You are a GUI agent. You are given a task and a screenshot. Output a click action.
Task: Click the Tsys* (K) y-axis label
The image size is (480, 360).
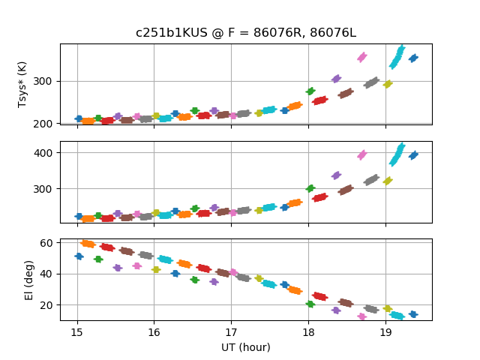click(x=22, y=84)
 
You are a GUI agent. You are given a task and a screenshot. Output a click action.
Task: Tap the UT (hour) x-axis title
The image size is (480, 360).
click(x=245, y=347)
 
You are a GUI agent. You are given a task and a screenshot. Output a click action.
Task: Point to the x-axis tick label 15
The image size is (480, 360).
click(x=76, y=332)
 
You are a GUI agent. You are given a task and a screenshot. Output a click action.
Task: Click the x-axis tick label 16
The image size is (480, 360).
click(x=154, y=332)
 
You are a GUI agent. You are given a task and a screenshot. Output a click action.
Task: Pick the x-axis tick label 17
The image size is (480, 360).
click(x=231, y=332)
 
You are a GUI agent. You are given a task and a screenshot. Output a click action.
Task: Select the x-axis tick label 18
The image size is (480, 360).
click(x=308, y=332)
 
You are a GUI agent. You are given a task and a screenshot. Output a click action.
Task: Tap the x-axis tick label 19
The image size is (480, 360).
click(x=385, y=332)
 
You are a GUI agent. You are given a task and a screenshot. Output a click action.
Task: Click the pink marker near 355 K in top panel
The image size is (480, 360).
click(x=362, y=57)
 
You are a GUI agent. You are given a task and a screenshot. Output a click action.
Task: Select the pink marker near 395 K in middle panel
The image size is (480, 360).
click(x=362, y=154)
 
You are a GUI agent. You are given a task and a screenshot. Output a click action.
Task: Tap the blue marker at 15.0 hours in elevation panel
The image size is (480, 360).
click(x=79, y=256)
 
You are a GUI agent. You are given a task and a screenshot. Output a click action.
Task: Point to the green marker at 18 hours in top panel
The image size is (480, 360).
click(x=310, y=91)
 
